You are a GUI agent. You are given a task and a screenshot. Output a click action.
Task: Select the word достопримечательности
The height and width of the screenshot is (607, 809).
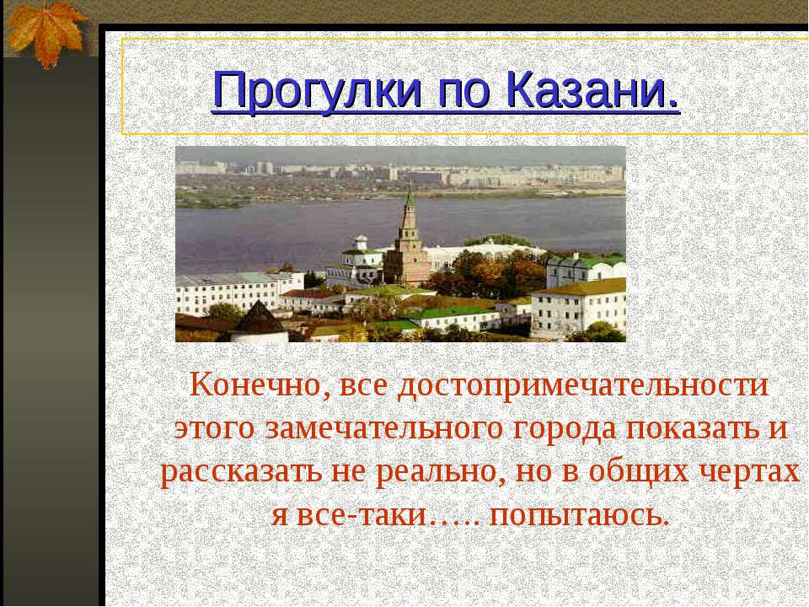[x=584, y=386]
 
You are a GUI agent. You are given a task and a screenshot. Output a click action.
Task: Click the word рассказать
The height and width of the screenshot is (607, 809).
[x=238, y=470]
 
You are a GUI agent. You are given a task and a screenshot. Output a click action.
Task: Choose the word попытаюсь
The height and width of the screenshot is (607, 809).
[x=579, y=513]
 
